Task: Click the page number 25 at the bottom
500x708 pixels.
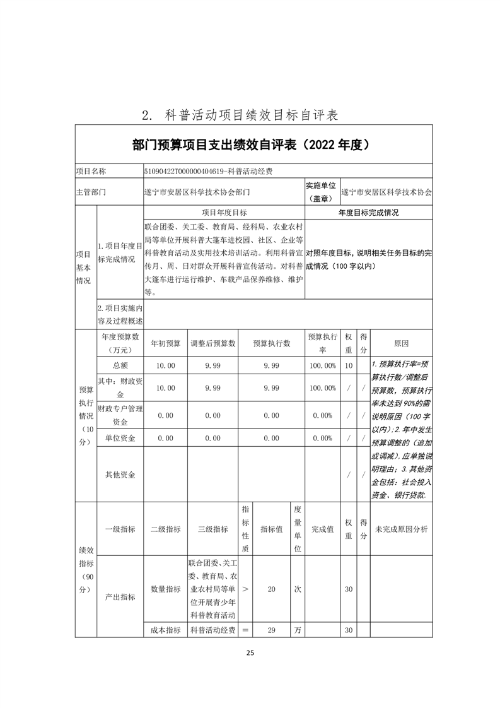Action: pyautogui.click(x=250, y=653)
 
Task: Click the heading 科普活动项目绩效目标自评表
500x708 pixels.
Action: pyautogui.click(x=250, y=115)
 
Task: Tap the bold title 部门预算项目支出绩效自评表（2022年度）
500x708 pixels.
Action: pyautogui.click(x=250, y=145)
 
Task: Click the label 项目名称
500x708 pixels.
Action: pyautogui.click(x=91, y=171)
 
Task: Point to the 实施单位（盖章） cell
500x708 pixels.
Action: pyautogui.click(x=321, y=191)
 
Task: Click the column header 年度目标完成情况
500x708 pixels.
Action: pyautogui.click(x=368, y=214)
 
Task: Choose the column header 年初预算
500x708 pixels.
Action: pyautogui.click(x=166, y=343)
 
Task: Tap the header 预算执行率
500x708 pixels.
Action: pyautogui.click(x=322, y=343)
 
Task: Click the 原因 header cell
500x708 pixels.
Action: pyautogui.click(x=401, y=343)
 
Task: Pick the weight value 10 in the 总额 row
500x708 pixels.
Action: pyautogui.click(x=349, y=365)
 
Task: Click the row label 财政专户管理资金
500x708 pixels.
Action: pyautogui.click(x=120, y=415)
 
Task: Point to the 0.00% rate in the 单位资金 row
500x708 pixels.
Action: pyautogui.click(x=322, y=438)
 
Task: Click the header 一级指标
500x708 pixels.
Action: pyautogui.click(x=120, y=529)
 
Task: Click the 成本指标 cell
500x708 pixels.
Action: pyautogui.click(x=166, y=630)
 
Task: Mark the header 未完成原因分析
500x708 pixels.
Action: pyautogui.click(x=401, y=529)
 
